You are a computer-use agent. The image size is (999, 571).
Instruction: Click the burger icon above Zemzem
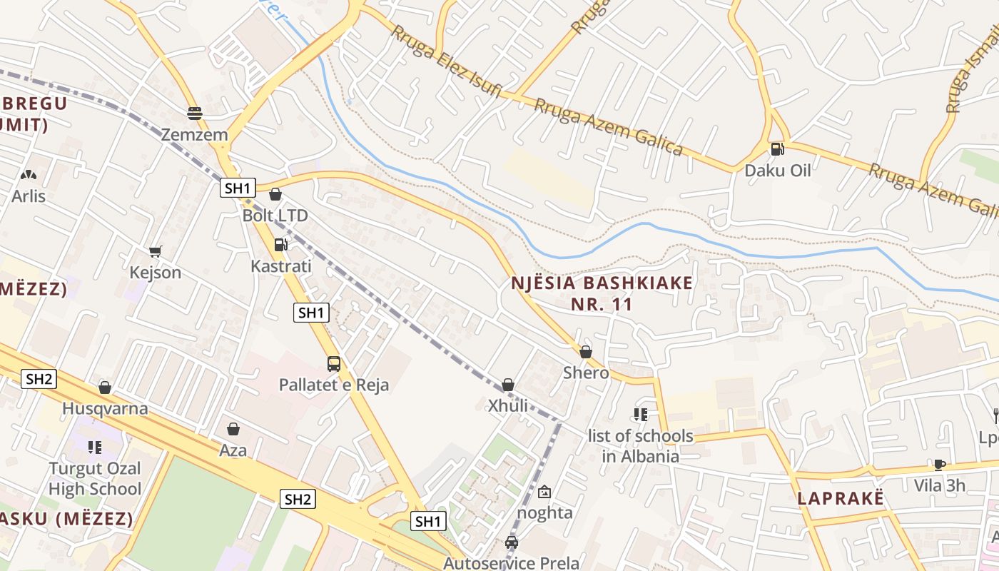click(x=194, y=113)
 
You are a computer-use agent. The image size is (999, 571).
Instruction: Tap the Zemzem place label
click(x=194, y=134)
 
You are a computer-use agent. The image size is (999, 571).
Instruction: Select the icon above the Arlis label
click(x=28, y=175)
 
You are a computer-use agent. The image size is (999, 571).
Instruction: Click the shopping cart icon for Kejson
click(x=155, y=251)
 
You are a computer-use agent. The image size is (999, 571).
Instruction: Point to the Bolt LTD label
click(x=275, y=215)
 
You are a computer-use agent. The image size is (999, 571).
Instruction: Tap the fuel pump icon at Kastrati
click(x=280, y=245)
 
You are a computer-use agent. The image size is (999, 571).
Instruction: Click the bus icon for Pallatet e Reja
click(x=333, y=364)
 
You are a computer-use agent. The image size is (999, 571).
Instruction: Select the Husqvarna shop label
click(x=105, y=408)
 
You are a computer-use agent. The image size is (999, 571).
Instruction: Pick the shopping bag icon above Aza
click(x=233, y=429)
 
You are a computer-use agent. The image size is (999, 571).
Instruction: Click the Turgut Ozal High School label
click(x=95, y=479)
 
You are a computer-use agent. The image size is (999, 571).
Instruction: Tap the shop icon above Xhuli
click(x=508, y=385)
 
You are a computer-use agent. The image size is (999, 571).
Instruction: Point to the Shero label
click(x=586, y=373)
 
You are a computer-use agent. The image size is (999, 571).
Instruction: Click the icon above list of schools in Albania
click(x=640, y=415)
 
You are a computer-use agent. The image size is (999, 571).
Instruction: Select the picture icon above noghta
click(x=544, y=492)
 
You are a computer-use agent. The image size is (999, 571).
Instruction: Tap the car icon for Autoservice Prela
click(x=511, y=542)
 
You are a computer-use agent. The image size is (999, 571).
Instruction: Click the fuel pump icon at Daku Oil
click(x=777, y=149)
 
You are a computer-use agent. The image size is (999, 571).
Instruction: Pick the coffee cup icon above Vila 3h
click(x=940, y=465)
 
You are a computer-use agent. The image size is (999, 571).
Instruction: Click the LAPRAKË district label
click(x=841, y=498)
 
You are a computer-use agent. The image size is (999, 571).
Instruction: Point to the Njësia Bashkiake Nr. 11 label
click(x=602, y=293)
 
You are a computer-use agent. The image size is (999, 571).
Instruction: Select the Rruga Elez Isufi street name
click(x=447, y=63)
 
